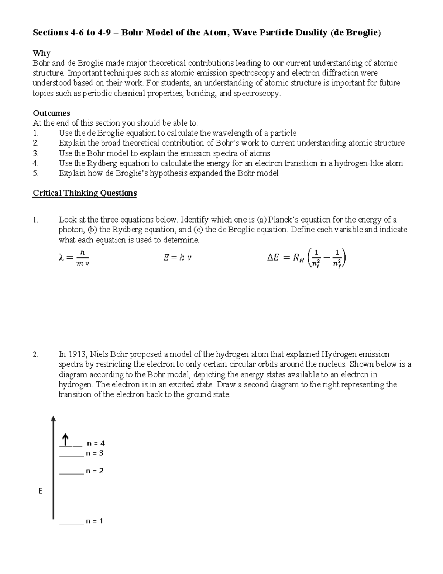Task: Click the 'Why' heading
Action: pyautogui.click(x=41, y=53)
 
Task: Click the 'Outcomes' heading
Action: pyautogui.click(x=51, y=113)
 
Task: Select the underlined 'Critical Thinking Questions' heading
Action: pyautogui.click(x=85, y=193)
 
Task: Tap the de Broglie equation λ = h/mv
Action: pyautogui.click(x=74, y=258)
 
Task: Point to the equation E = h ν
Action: pyautogui.click(x=177, y=258)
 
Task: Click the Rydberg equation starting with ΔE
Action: pyautogui.click(x=306, y=258)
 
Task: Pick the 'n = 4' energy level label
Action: pyautogui.click(x=96, y=443)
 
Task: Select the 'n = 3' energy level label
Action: pyautogui.click(x=95, y=453)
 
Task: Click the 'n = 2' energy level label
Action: pyautogui.click(x=95, y=471)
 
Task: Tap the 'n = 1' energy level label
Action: pyautogui.click(x=95, y=521)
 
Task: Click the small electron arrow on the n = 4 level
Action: pyautogui.click(x=65, y=440)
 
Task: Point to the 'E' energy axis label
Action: pyautogui.click(x=40, y=491)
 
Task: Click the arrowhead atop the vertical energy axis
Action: pyautogui.click(x=54, y=418)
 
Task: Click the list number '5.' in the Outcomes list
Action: pyautogui.click(x=35, y=173)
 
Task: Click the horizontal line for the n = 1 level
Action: pyautogui.click(x=71, y=524)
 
